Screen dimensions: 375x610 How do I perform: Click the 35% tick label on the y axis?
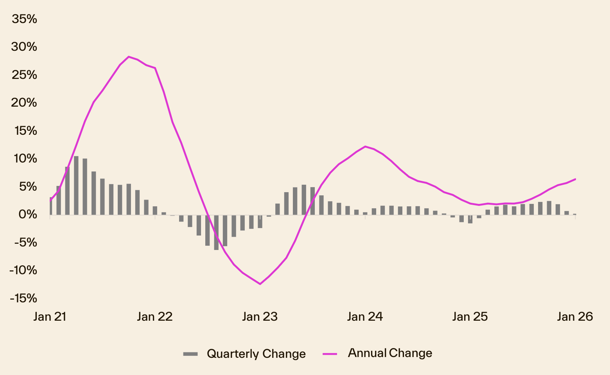tap(24, 19)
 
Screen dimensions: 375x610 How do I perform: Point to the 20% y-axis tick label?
tap(24, 103)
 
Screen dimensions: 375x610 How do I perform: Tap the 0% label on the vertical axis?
tap(27, 214)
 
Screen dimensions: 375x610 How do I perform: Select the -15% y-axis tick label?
tap(23, 298)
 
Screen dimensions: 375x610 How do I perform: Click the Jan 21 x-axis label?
tap(50, 316)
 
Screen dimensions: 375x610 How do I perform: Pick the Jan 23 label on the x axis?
tap(260, 316)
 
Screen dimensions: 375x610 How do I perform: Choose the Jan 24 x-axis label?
tap(365, 316)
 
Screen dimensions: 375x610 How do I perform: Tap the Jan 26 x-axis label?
tap(575, 316)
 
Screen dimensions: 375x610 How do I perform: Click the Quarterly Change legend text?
tap(256, 354)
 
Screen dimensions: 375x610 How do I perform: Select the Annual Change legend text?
tap(390, 353)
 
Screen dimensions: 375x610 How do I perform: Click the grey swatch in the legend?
tap(190, 354)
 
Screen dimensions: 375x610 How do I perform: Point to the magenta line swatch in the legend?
tap(330, 354)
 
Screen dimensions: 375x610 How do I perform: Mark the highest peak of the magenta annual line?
tap(129, 57)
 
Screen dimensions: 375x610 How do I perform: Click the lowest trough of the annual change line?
tap(260, 284)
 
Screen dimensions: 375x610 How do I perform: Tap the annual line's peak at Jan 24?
tap(365, 146)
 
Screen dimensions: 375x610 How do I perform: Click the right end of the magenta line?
tap(575, 179)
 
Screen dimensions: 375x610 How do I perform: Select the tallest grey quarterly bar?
tap(76, 185)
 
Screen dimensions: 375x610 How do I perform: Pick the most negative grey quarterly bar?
tap(216, 232)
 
